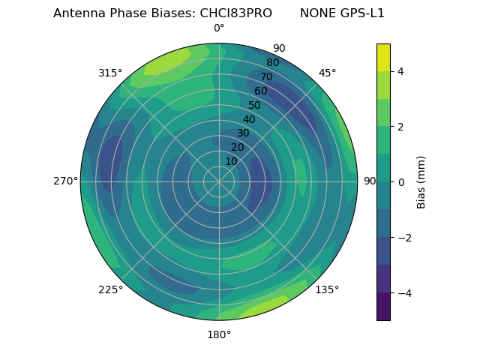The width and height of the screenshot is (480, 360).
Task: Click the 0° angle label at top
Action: [x=219, y=28]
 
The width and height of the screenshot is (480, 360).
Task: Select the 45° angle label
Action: [x=327, y=73]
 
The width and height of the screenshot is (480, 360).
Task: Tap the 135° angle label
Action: [x=327, y=289]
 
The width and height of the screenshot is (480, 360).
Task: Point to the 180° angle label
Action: [x=219, y=334]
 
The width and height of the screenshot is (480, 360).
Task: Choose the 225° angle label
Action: [x=110, y=289]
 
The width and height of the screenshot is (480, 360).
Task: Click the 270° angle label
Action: [x=66, y=181]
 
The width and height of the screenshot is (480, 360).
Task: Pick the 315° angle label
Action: [x=110, y=73]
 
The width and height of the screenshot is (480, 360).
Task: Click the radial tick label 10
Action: [x=231, y=161]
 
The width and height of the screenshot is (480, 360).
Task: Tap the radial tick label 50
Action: [x=255, y=105]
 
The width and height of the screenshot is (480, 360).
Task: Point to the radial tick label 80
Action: [x=273, y=62]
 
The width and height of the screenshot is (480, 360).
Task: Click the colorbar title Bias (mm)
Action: [x=421, y=181]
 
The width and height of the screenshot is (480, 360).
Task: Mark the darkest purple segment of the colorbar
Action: [x=383, y=307]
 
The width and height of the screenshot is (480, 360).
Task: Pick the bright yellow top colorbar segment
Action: [x=383, y=57]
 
